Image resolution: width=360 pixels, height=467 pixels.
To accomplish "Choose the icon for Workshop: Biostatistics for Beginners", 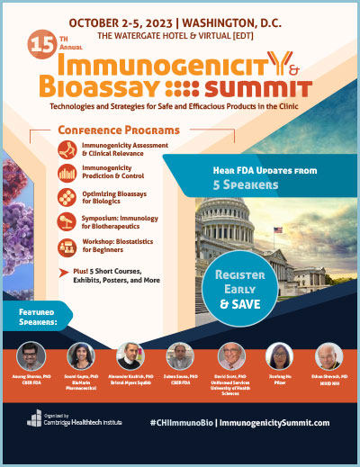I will coord(65,247).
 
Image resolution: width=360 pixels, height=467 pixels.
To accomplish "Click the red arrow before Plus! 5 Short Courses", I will coord(64,272).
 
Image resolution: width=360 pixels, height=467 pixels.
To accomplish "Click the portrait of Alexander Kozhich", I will coord(133,357).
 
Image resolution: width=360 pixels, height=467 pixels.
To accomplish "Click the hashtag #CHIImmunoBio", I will coord(184,422).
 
